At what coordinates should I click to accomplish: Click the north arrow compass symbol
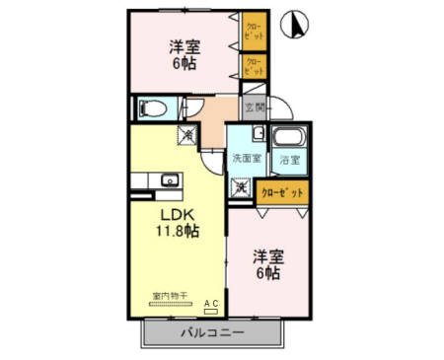(x=293, y=24)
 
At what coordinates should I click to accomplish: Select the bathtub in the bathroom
(x=287, y=139)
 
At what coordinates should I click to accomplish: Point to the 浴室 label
(x=289, y=159)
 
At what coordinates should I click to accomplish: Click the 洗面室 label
(x=246, y=158)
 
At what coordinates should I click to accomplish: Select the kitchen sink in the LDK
(x=168, y=180)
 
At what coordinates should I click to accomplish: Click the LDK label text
(x=178, y=213)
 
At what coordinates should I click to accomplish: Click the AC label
(x=211, y=303)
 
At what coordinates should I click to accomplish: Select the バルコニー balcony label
(x=211, y=333)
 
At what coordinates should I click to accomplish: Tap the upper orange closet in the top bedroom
(x=254, y=31)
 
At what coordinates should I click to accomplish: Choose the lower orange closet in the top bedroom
(x=254, y=66)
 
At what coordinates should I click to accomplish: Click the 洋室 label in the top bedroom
(x=183, y=46)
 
